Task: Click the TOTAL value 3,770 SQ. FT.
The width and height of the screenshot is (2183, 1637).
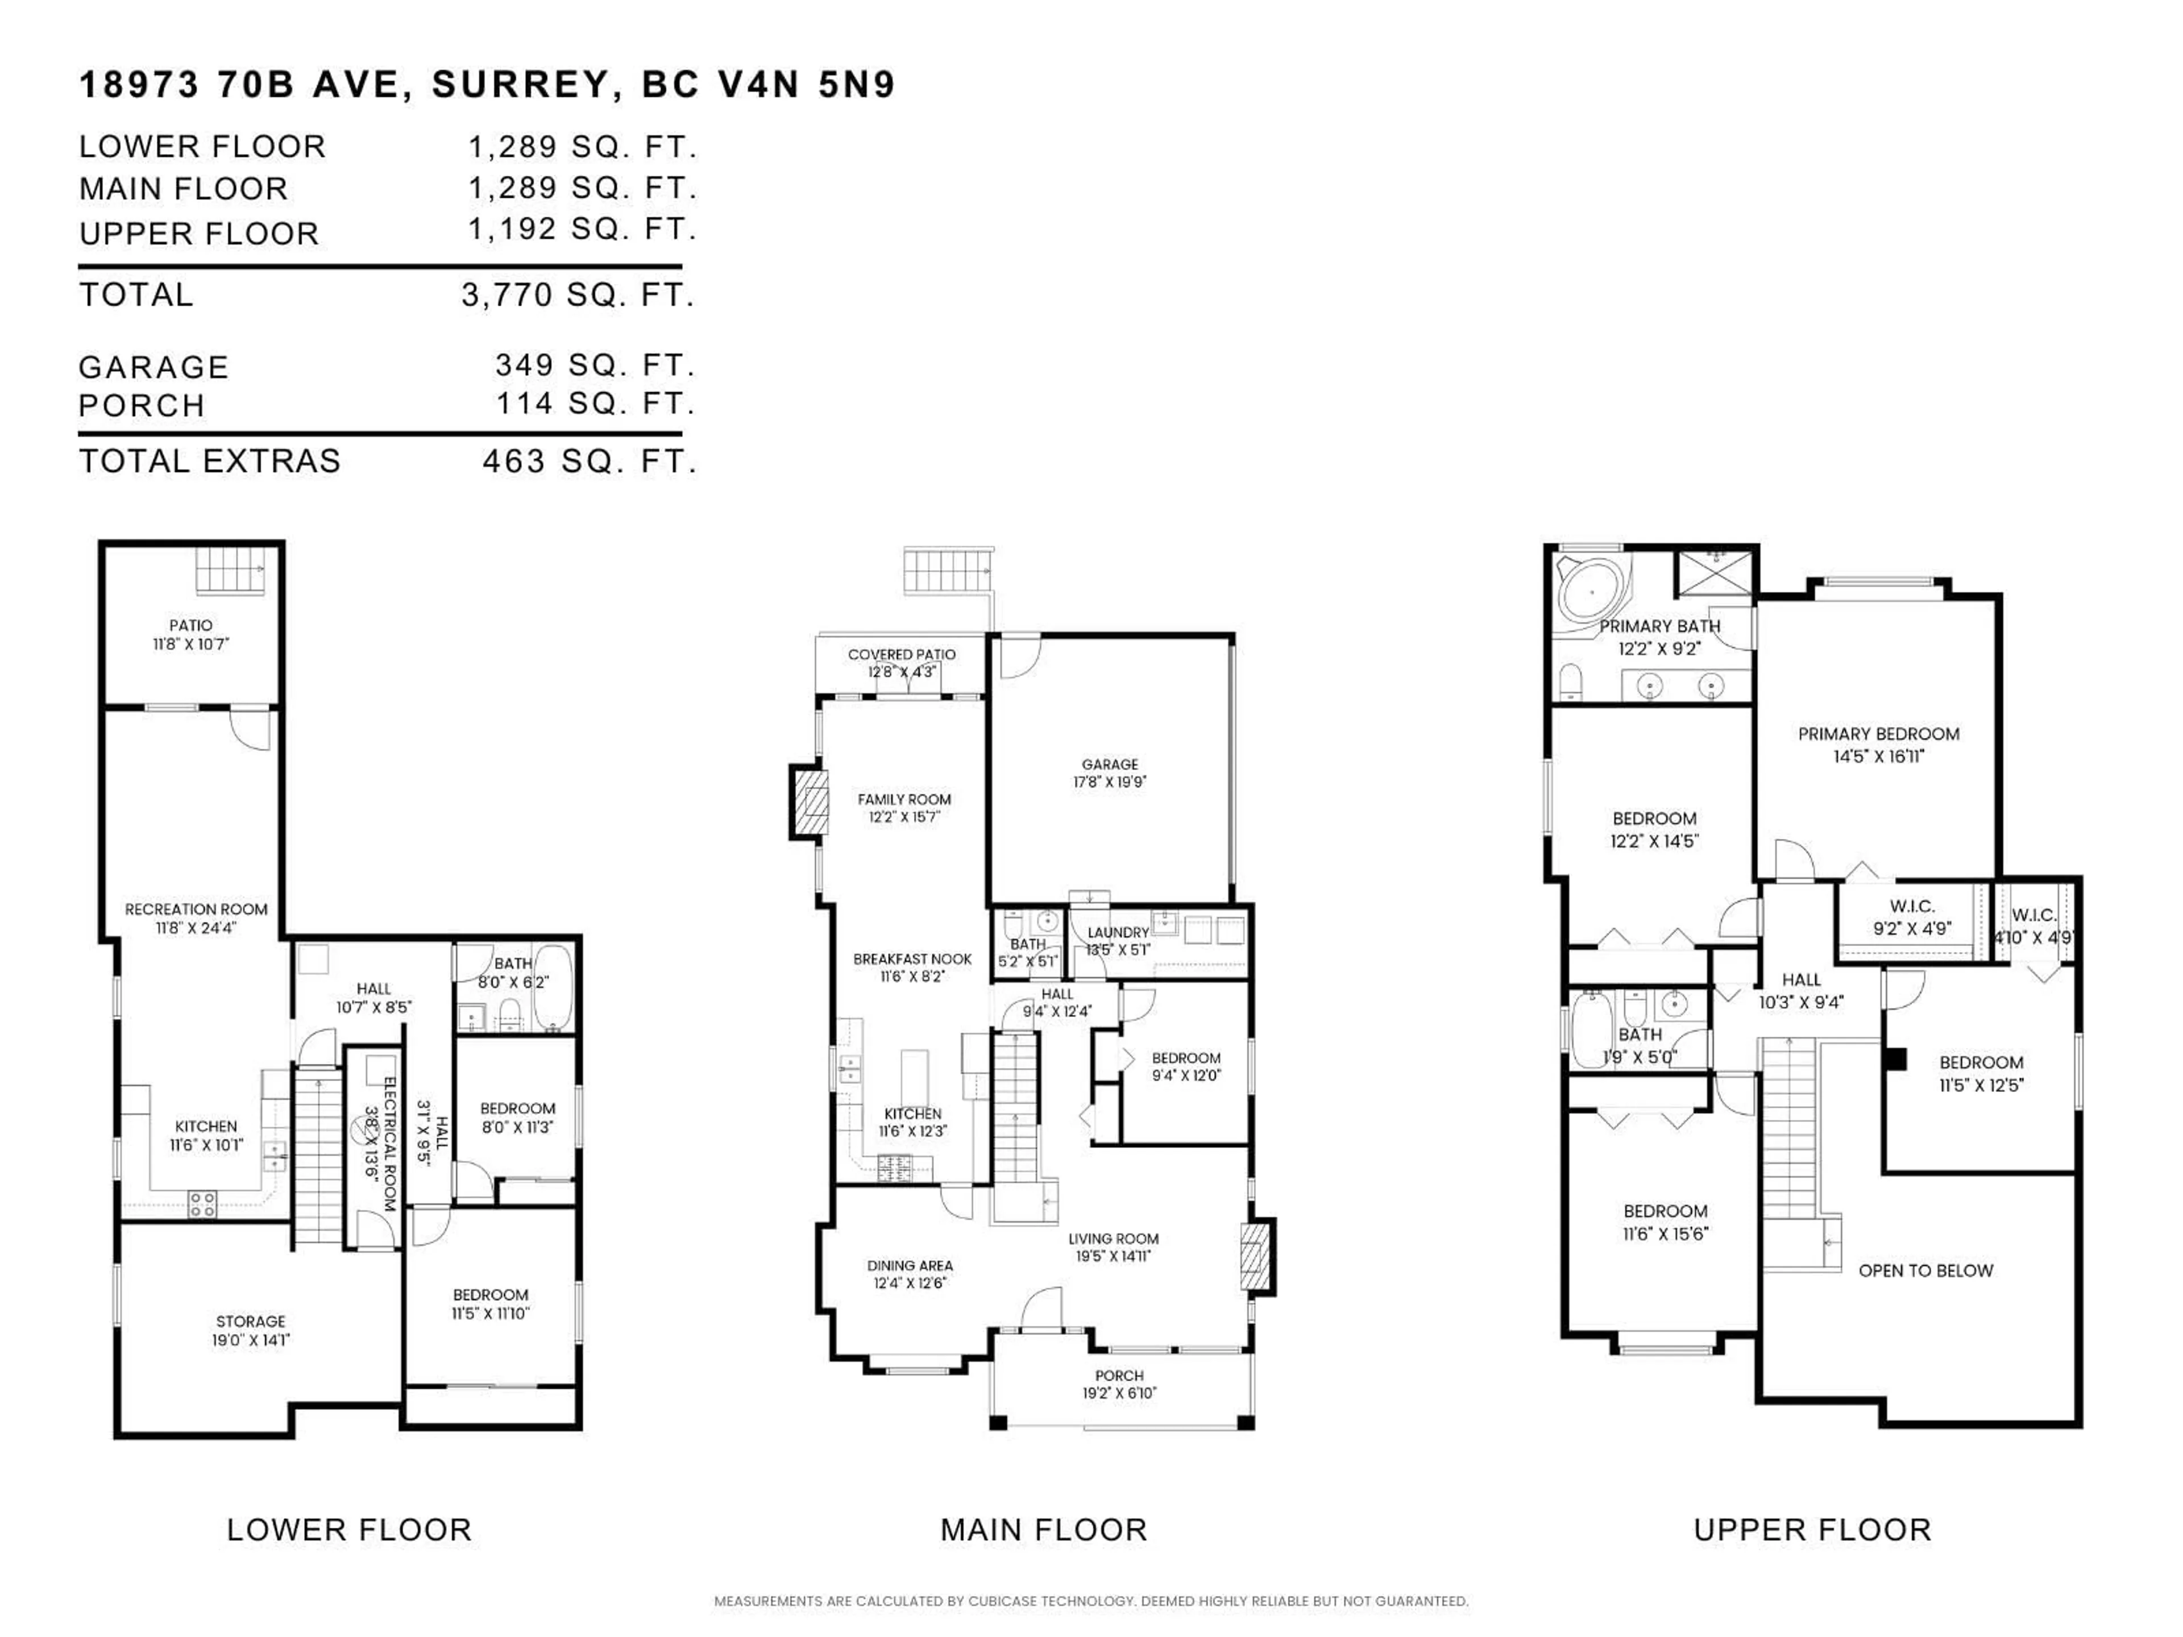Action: coord(578,295)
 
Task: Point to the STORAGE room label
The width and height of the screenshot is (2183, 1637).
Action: coord(251,1321)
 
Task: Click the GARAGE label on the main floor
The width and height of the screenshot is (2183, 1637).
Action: coord(1109,765)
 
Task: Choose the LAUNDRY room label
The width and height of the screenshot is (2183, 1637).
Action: coord(1118,933)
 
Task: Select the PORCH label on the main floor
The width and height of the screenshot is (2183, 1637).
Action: coord(1119,1376)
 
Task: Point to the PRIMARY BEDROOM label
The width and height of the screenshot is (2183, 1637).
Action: coord(1878,734)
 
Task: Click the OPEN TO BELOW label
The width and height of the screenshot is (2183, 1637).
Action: coord(1925,1271)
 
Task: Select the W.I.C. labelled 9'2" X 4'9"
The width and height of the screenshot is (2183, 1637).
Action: coord(1912,907)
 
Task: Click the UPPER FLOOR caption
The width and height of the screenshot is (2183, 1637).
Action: coord(1812,1531)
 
